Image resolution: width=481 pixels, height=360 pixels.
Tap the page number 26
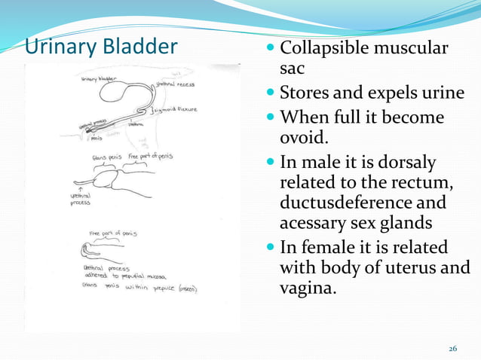[452, 348]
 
